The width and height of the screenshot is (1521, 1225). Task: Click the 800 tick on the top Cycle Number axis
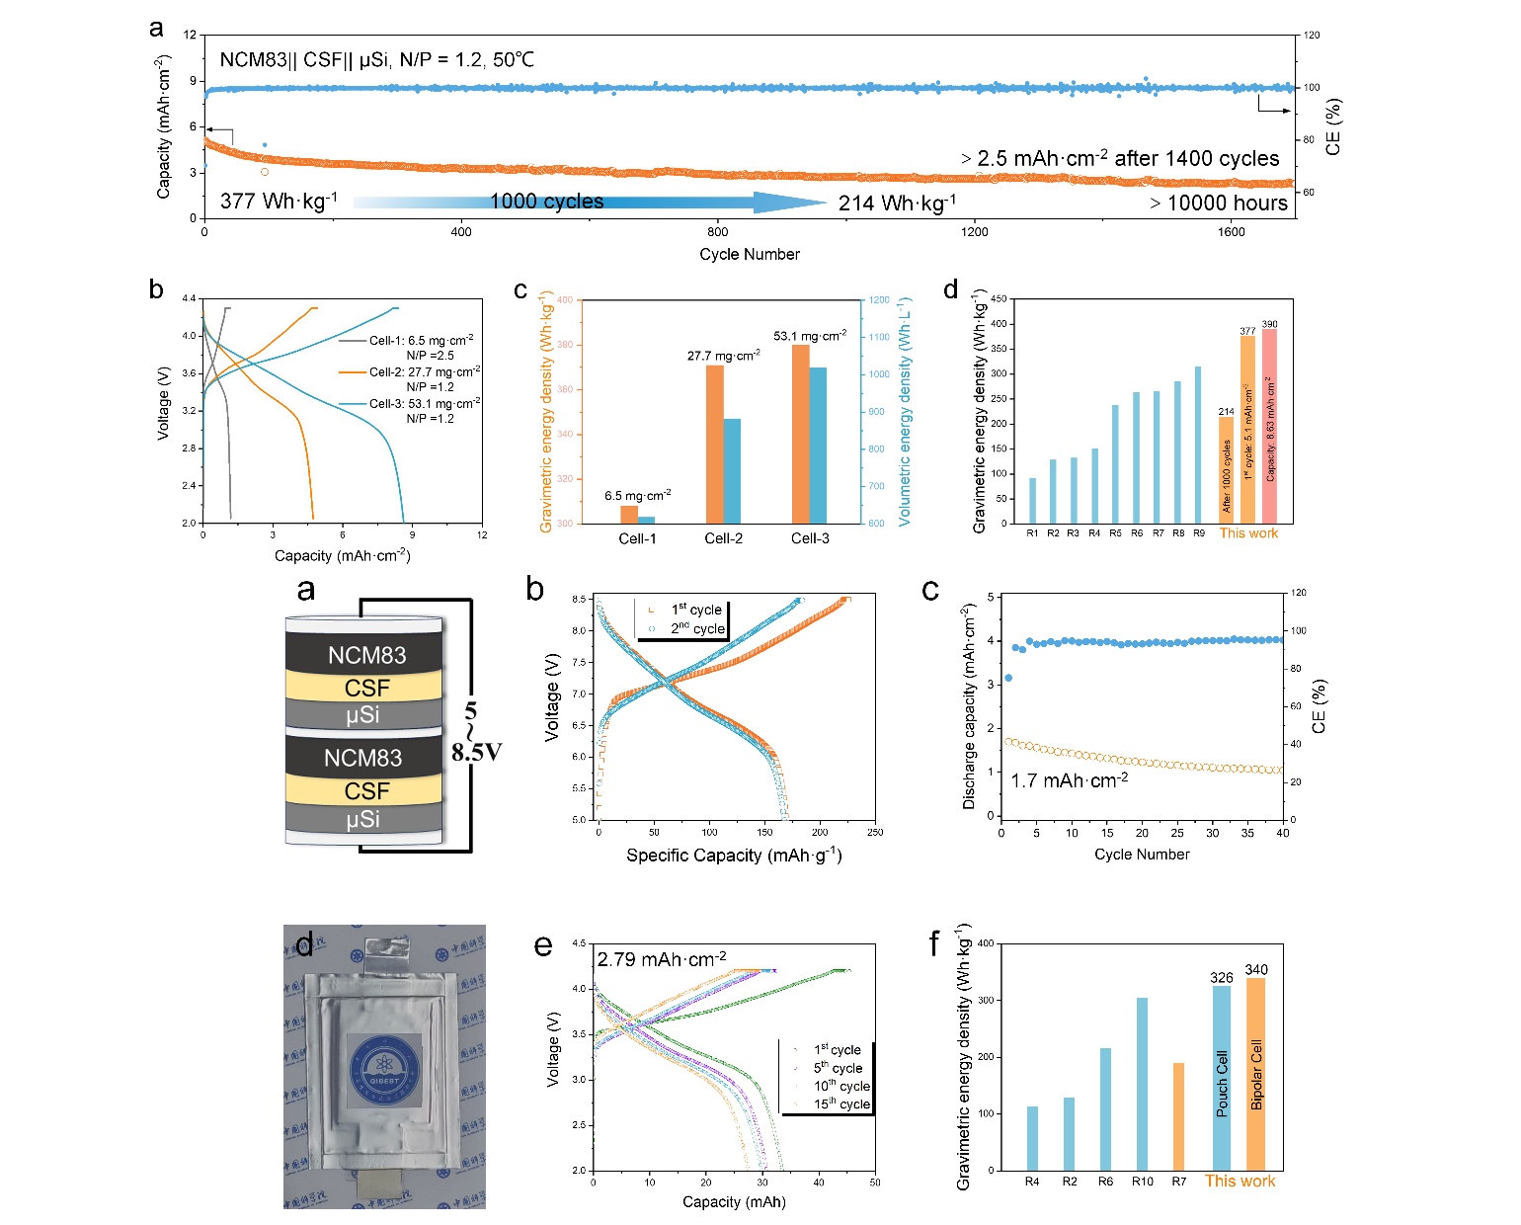click(x=717, y=232)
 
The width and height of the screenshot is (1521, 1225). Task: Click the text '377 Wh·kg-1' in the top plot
click(x=279, y=202)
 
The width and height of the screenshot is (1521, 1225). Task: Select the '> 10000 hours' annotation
click(x=1219, y=204)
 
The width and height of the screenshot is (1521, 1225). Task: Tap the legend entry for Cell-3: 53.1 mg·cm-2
click(x=424, y=404)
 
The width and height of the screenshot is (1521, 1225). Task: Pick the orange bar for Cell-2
click(x=714, y=444)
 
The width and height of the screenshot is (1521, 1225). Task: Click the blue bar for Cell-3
click(x=818, y=445)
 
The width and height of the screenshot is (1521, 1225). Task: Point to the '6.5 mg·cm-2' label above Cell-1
click(x=637, y=495)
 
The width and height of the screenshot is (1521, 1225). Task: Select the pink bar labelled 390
click(x=1269, y=426)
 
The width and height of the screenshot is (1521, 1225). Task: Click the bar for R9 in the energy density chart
click(x=1199, y=445)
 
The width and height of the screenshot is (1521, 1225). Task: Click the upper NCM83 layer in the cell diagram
click(x=366, y=655)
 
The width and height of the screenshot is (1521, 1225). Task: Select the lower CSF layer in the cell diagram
click(x=366, y=791)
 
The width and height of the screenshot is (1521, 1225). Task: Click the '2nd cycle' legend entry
click(x=697, y=629)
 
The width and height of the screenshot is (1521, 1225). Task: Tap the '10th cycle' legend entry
click(x=841, y=1086)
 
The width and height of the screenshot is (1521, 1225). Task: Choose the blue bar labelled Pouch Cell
click(x=1222, y=1078)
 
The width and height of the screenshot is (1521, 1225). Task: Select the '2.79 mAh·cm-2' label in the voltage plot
click(x=661, y=959)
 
